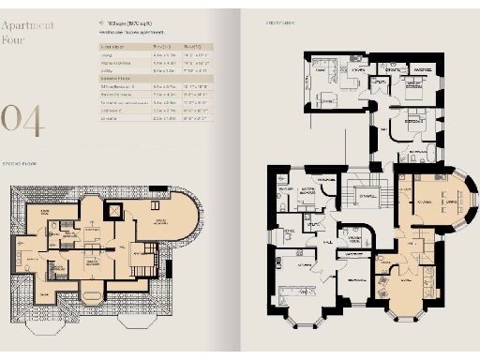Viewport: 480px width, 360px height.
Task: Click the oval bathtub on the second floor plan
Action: [92, 299]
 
